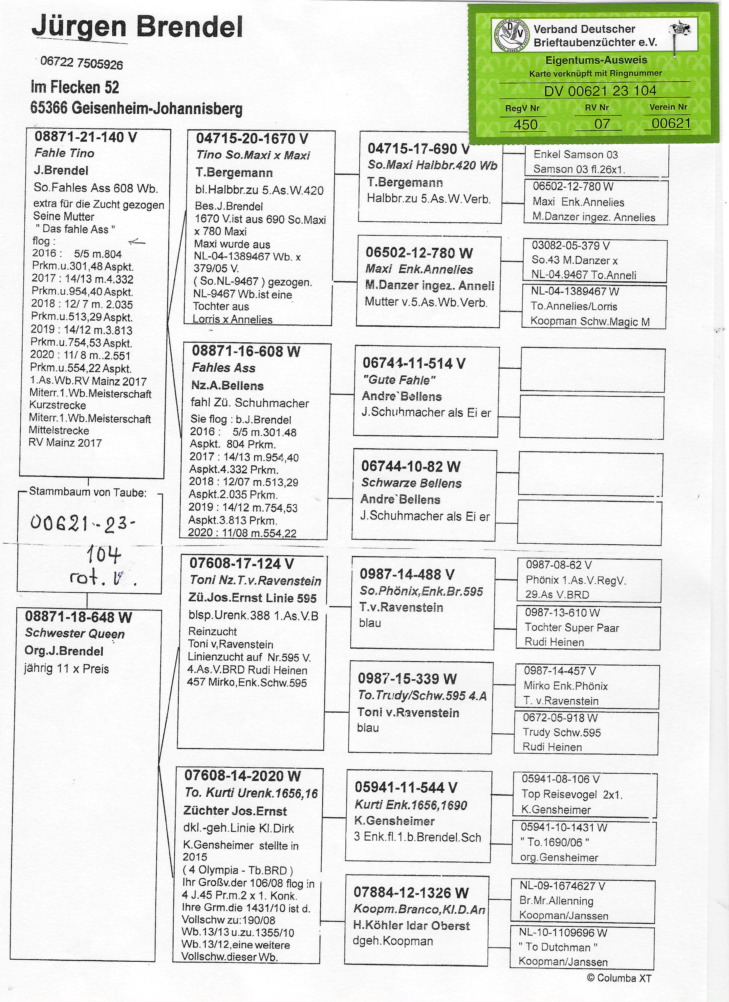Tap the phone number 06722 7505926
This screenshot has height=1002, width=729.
coord(81,63)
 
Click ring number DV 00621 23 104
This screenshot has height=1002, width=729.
coord(600,91)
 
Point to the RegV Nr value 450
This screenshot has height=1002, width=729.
coord(525,125)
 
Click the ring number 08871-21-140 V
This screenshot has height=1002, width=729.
coord(86,137)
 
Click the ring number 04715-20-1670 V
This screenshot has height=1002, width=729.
coord(252,139)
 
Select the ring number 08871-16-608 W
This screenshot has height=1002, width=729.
coord(246,351)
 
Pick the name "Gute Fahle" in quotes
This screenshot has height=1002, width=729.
coord(399,380)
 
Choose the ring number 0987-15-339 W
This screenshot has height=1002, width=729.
coord(407,678)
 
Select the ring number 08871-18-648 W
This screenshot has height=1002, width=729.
coord(78,617)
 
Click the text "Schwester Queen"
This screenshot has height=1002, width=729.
coord(75,633)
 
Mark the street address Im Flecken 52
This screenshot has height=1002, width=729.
coord(75,87)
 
